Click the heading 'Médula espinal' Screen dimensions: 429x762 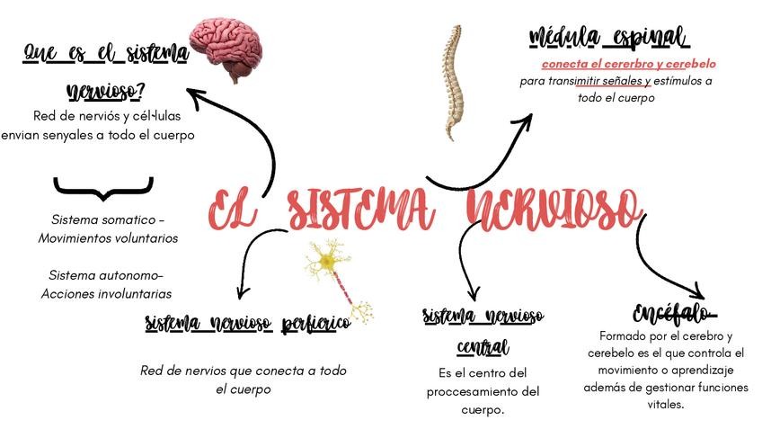pos(608,38)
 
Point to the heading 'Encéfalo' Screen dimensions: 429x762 pos(674,314)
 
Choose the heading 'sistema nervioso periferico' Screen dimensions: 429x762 pos(247,324)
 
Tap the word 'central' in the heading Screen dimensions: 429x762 pos(483,347)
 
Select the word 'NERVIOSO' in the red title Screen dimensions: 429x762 pos(554,210)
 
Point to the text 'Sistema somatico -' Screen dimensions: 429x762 pos(108,220)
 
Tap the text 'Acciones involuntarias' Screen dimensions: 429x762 pos(106,293)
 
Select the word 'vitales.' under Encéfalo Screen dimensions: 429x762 pos(665,405)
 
